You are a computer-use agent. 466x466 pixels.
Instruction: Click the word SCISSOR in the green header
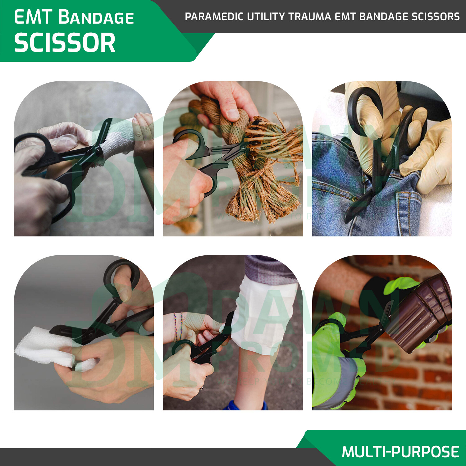click(65, 43)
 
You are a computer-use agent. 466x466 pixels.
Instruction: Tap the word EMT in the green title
click(33, 17)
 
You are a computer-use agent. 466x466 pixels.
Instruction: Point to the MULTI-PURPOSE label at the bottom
click(400, 451)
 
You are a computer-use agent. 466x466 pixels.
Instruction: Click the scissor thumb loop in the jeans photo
click(363, 109)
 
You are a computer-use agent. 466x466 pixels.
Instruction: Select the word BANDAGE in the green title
click(96, 17)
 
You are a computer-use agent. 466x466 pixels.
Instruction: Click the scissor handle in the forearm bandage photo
click(31, 149)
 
